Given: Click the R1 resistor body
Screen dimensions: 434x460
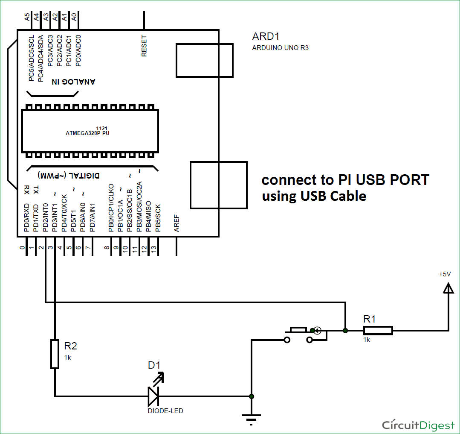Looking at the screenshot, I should tap(378, 330).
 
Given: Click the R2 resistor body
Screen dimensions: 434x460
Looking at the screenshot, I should tap(55, 354).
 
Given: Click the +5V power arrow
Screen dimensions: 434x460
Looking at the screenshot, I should tap(448, 289).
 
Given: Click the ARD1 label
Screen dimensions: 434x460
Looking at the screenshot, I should tap(266, 36).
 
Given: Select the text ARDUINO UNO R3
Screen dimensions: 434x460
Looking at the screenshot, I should tap(280, 48).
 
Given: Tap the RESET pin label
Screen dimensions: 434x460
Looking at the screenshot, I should tap(144, 46).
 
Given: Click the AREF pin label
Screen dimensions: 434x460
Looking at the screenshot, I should tap(176, 223).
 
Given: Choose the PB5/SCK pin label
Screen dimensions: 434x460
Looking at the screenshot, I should tap(158, 218).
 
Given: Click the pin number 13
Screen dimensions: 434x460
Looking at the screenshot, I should tap(154, 248).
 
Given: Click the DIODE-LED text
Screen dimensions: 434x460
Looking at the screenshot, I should tap(165, 411).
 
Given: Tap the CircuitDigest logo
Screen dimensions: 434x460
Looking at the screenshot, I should tap(418, 425).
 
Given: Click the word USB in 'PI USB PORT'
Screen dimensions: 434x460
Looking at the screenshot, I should tap(364, 180).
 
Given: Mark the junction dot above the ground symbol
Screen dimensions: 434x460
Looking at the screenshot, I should tap(252, 396).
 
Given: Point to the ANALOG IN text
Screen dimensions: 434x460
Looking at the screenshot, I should tap(74, 81).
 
